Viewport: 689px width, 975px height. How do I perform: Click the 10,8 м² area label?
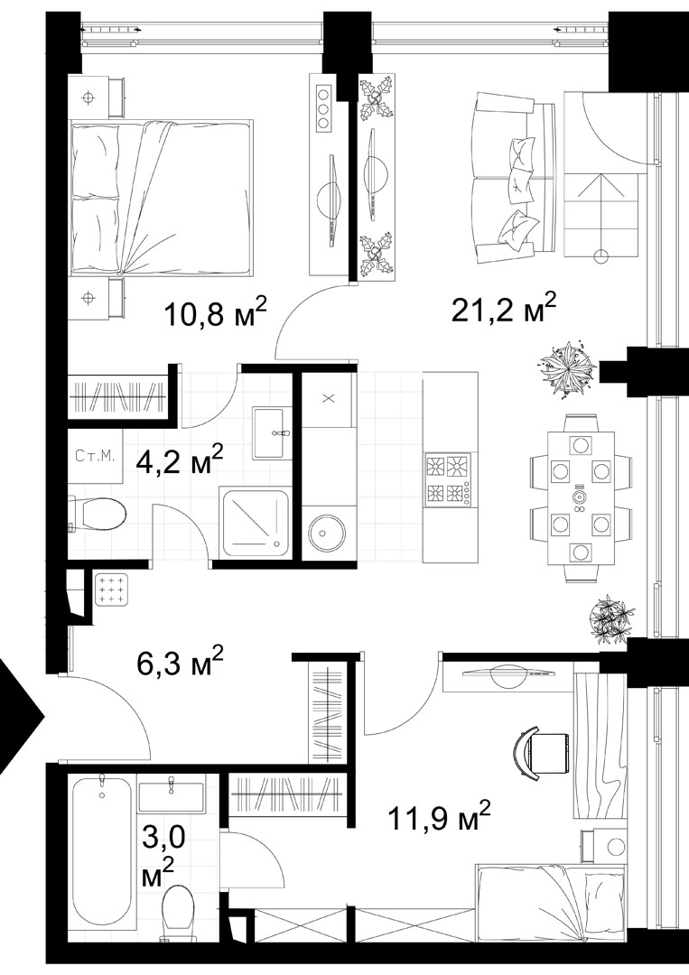click(215, 311)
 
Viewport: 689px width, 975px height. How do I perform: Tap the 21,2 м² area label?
click(503, 307)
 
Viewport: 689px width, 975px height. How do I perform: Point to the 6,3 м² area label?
click(180, 661)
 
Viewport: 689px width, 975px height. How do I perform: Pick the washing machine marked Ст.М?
click(95, 456)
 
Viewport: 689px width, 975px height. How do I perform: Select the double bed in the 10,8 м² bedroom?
click(161, 198)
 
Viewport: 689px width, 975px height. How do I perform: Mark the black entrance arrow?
click(19, 715)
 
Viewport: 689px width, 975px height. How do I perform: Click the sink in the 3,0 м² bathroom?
click(171, 794)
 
